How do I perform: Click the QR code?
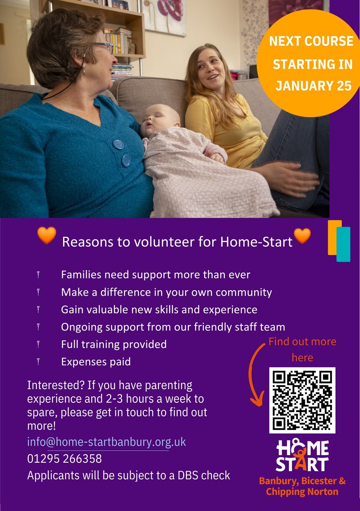(x=302, y=400)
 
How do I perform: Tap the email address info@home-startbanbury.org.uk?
(x=107, y=442)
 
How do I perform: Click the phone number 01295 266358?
(x=64, y=459)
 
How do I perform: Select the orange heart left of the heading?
(x=47, y=235)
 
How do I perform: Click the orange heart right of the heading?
(x=302, y=236)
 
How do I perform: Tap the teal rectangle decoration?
(x=343, y=244)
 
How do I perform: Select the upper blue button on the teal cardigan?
(x=119, y=145)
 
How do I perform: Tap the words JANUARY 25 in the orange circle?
(x=313, y=85)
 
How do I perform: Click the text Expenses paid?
(x=96, y=362)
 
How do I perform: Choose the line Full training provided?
(x=114, y=344)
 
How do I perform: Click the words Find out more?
(x=302, y=341)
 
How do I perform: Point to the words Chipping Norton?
(x=302, y=491)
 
